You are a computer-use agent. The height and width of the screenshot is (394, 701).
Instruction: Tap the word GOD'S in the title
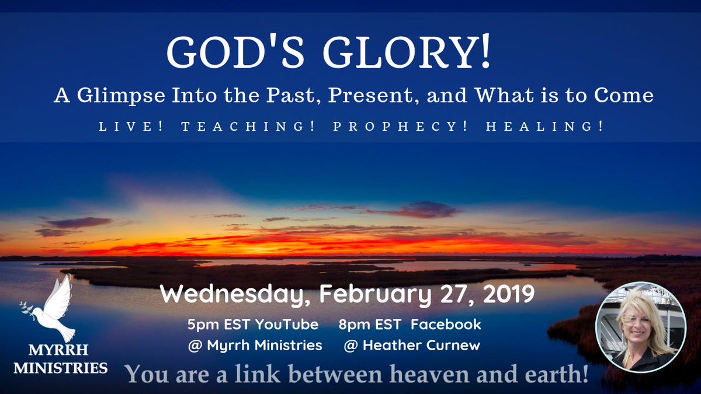click(239, 54)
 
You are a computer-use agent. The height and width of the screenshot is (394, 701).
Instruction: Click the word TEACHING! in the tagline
click(249, 127)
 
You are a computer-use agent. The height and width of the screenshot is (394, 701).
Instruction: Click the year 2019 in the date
click(506, 294)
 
